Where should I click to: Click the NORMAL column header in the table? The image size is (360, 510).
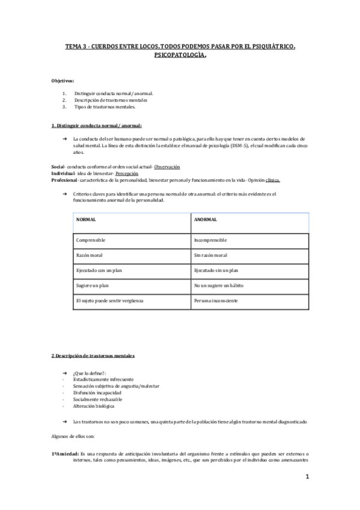pyautogui.click(x=86, y=220)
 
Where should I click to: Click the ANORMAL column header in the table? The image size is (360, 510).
pyautogui.click(x=206, y=220)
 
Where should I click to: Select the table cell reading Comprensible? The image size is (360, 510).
pyautogui.click(x=91, y=240)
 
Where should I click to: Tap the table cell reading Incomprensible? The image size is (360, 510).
pyautogui.click(x=210, y=240)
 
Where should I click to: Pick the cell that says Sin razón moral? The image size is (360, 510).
pyautogui.click(x=210, y=255)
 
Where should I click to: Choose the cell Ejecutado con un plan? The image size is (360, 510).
pyautogui.click(x=99, y=270)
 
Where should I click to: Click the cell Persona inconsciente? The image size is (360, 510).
pyautogui.click(x=216, y=300)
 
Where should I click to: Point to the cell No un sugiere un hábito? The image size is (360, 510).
pyautogui.click(x=218, y=284)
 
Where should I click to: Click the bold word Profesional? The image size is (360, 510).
pyautogui.click(x=64, y=180)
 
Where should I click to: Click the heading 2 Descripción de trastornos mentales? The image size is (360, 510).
pyautogui.click(x=93, y=356)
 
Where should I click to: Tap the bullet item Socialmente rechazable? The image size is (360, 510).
pyautogui.click(x=97, y=399)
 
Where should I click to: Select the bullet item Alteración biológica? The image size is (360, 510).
pyautogui.click(x=94, y=405)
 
